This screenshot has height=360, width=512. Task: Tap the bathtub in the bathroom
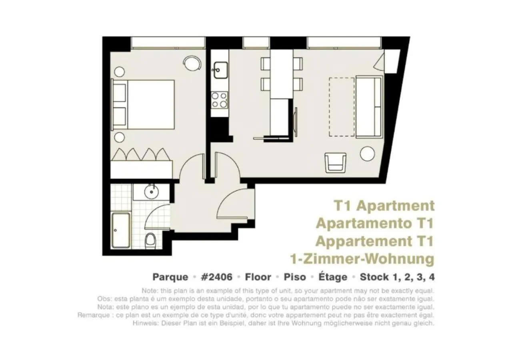(121, 230)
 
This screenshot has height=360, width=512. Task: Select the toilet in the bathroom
(150, 240)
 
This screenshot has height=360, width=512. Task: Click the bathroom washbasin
(152, 191)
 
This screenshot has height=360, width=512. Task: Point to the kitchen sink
(220, 70)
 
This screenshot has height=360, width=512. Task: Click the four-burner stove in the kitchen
(220, 100)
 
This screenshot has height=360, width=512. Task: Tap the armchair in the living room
(335, 162)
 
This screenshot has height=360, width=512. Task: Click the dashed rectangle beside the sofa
(342, 107)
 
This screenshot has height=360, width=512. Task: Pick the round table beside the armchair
(367, 154)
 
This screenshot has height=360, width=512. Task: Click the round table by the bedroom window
(192, 62)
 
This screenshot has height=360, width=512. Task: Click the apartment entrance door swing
(236, 204)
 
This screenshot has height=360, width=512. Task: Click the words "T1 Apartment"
(384, 206)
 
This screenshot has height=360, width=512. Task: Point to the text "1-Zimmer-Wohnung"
(362, 259)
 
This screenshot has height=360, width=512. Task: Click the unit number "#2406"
(216, 277)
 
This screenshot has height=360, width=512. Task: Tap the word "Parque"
(170, 277)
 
